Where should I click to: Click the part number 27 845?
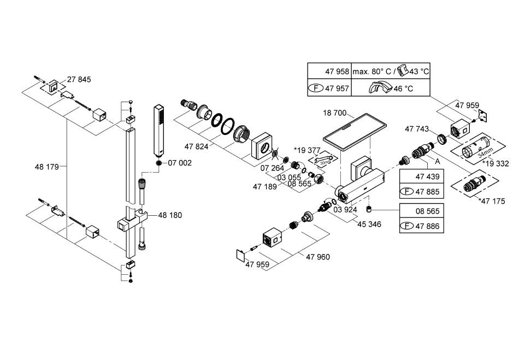click(79, 80)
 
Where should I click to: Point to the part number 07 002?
click(180, 163)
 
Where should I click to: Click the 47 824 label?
click(197, 146)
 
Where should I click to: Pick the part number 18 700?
click(335, 113)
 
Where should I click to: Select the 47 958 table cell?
click(329, 72)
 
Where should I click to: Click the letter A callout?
click(437, 161)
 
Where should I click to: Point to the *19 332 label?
click(496, 163)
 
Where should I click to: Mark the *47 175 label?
click(491, 202)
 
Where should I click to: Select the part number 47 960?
click(318, 257)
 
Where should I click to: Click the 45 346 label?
click(369, 224)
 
